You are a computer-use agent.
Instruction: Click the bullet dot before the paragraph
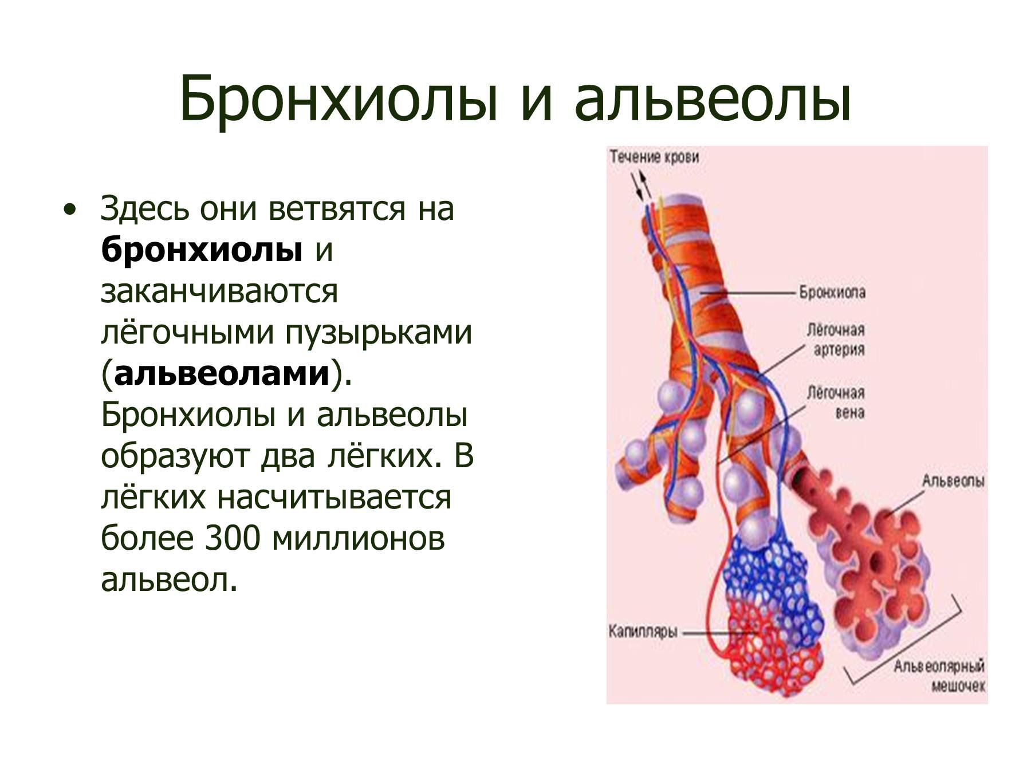coord(70,209)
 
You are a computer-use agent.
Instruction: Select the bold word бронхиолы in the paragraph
coord(202,249)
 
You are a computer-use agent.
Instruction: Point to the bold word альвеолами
coord(222,373)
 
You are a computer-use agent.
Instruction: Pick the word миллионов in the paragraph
coord(358,539)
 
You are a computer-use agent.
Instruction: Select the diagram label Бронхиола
coord(832,293)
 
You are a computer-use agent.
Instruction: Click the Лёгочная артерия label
coord(836,340)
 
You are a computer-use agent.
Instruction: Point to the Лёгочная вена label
coord(836,403)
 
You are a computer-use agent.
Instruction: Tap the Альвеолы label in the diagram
coord(953,481)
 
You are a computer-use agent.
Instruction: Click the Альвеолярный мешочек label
coord(939,676)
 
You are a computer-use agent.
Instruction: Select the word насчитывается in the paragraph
coord(334,497)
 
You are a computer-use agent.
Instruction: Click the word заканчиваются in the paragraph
coord(219,291)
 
